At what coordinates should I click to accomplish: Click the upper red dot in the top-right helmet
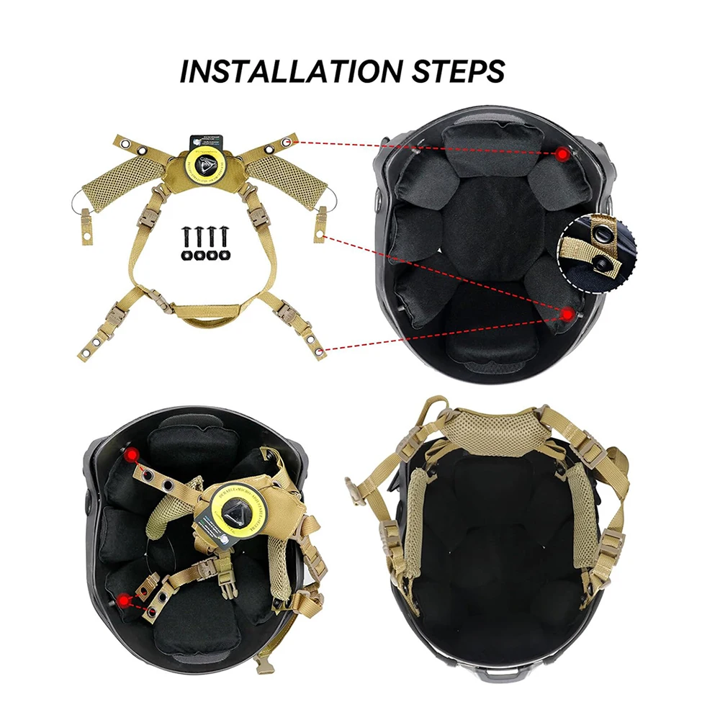pyautogui.click(x=563, y=153)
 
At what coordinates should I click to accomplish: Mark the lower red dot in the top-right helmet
pyautogui.click(x=568, y=313)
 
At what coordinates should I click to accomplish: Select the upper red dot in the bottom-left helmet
pyautogui.click(x=130, y=455)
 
